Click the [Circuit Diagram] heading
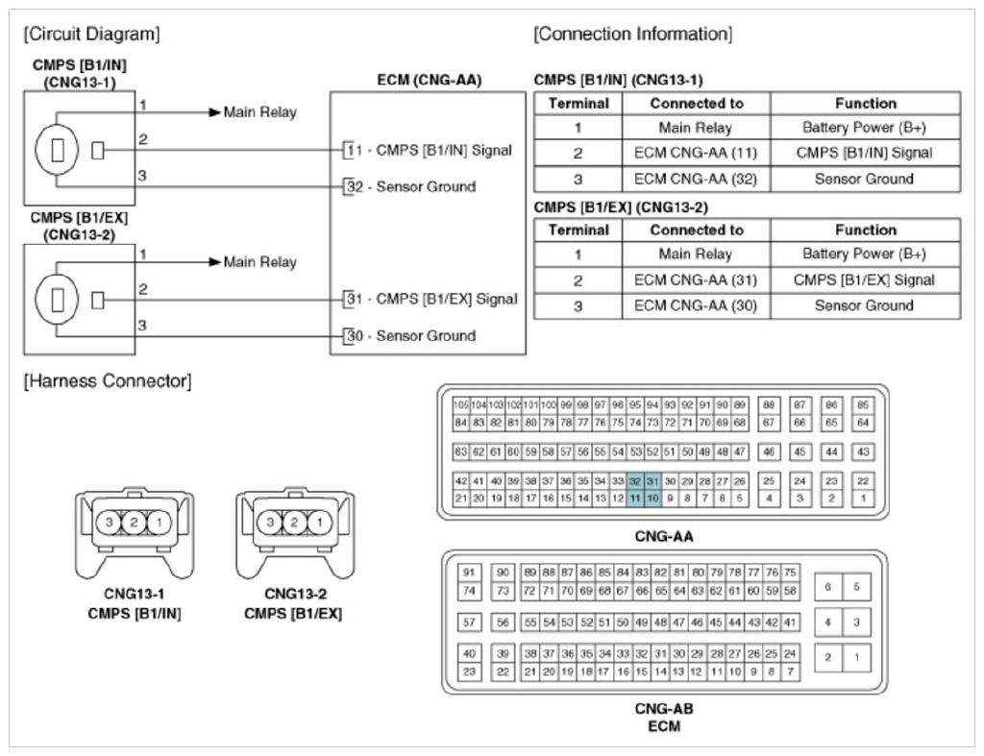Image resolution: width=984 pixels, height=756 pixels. [91, 35]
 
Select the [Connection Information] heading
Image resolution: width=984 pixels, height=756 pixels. [632, 35]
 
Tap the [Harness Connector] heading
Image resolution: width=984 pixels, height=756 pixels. [107, 381]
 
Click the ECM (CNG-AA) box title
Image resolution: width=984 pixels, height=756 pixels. [429, 81]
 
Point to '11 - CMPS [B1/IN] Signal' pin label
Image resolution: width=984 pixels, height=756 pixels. [430, 150]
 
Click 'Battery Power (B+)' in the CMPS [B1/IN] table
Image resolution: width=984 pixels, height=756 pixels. [864, 128]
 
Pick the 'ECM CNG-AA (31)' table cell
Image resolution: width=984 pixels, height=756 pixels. [696, 280]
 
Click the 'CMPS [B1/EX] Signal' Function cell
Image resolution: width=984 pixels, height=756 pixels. [864, 280]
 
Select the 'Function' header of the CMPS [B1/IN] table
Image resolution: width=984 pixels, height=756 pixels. [864, 103]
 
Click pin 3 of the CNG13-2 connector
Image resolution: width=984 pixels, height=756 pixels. [273, 523]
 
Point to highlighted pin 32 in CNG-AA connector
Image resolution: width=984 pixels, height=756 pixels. [635, 480]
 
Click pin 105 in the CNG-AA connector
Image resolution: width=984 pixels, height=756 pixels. [460, 405]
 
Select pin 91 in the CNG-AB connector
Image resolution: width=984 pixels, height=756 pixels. [469, 573]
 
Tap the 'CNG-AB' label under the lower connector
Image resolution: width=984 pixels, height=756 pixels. [663, 709]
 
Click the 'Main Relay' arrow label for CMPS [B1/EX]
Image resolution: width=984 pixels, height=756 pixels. [259, 262]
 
